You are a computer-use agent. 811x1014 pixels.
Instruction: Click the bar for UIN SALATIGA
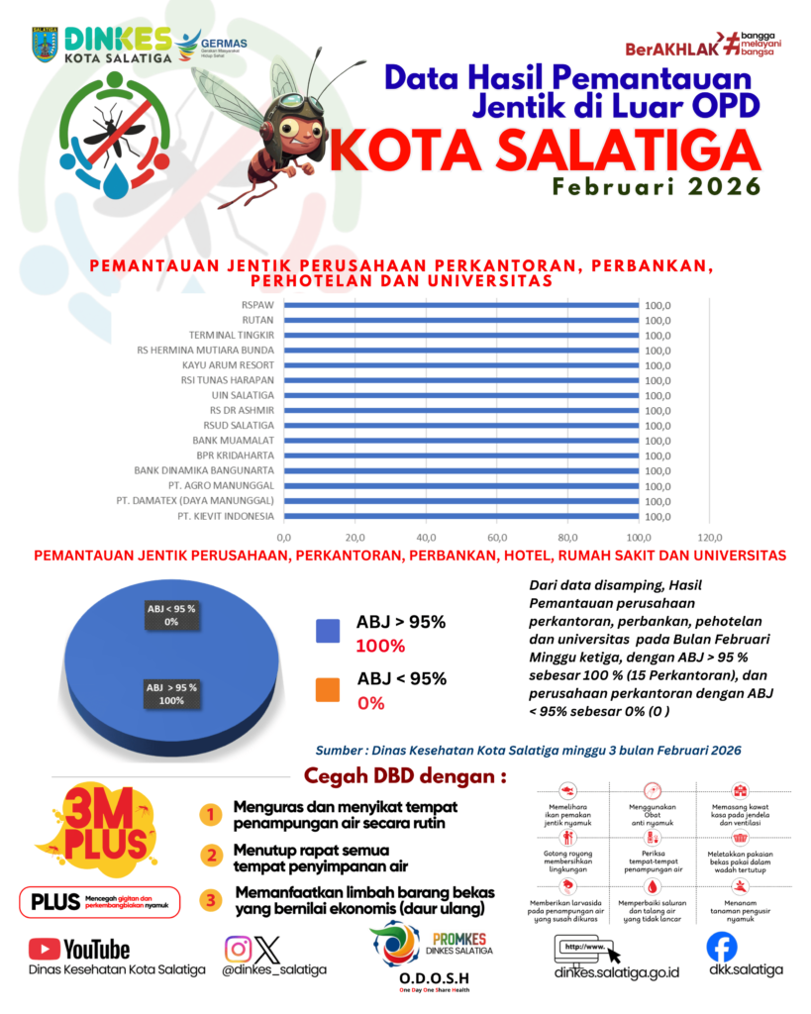click(460, 395)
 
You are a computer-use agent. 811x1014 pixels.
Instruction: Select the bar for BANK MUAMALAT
click(460, 441)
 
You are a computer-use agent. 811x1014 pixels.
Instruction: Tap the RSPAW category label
click(258, 305)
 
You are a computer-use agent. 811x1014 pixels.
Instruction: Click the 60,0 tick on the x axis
click(496, 536)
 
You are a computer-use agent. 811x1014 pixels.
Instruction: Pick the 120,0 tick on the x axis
click(709, 536)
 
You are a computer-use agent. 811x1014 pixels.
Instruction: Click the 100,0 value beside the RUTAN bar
click(658, 321)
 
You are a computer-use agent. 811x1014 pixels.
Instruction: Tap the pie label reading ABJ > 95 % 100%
click(171, 693)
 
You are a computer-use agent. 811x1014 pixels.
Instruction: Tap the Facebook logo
click(722, 948)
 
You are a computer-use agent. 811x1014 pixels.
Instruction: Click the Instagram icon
click(238, 949)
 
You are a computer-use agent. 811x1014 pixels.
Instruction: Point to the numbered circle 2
click(210, 855)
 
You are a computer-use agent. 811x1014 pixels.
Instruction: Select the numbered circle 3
click(210, 900)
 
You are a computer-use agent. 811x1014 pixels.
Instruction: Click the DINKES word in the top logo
click(117, 38)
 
